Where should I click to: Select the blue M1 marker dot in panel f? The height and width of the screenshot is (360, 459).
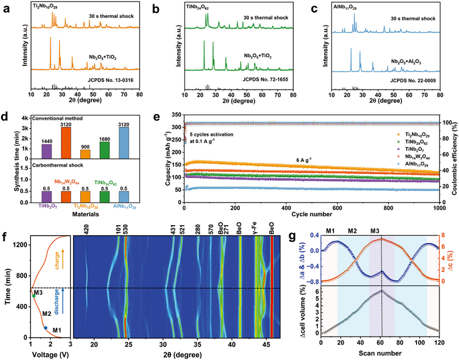46,328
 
